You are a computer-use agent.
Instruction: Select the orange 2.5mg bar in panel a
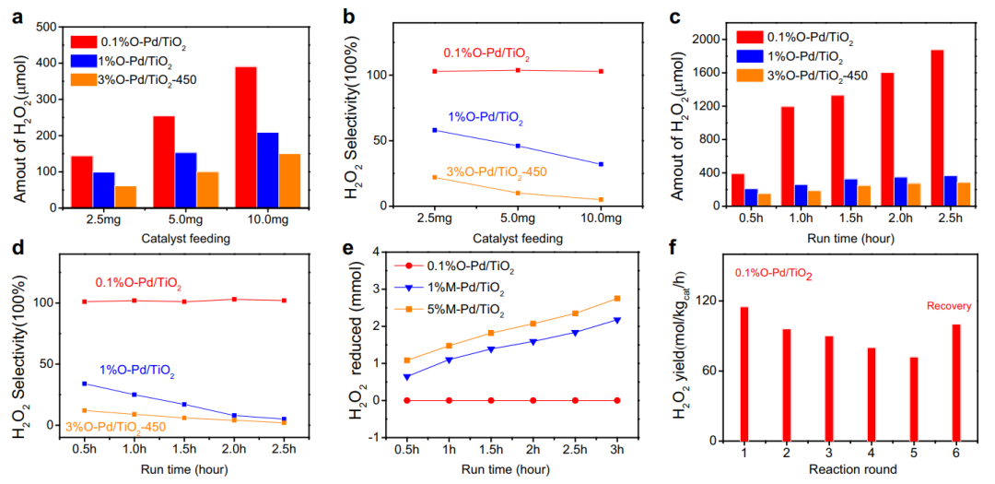coord(126,195)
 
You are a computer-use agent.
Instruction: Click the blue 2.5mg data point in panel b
coord(435,130)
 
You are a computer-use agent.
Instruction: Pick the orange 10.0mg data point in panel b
coord(601,199)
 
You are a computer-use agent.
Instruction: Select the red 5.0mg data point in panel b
coord(518,70)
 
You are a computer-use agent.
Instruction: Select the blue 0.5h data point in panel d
coord(85,384)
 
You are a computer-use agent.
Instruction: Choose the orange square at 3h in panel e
coord(616,298)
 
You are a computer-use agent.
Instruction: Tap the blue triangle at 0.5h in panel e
coord(406,377)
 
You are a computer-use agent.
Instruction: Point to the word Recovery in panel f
coord(949,306)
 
